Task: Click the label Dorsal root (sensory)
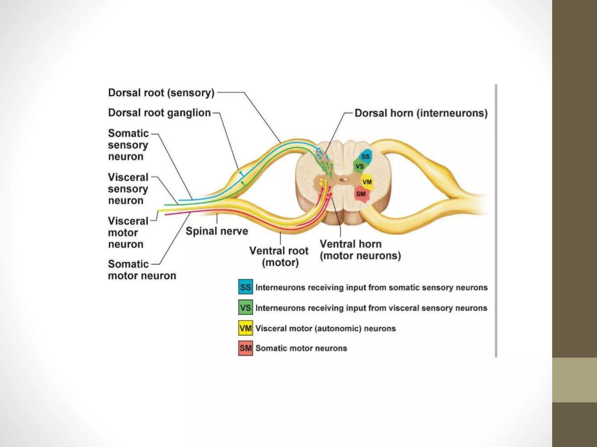161,93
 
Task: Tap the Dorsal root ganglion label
159,113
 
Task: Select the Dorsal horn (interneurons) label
421,113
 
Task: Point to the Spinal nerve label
217,231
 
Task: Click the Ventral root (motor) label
279,256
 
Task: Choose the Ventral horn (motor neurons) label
360,250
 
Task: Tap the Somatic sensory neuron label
128,145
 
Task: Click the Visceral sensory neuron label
128,189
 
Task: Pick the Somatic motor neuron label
142,270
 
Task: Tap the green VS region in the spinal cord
359,166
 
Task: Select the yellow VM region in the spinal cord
367,182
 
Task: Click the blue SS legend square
245,287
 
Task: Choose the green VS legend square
245,308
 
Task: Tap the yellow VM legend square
245,328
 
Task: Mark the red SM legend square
245,348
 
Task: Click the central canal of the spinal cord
344,180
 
